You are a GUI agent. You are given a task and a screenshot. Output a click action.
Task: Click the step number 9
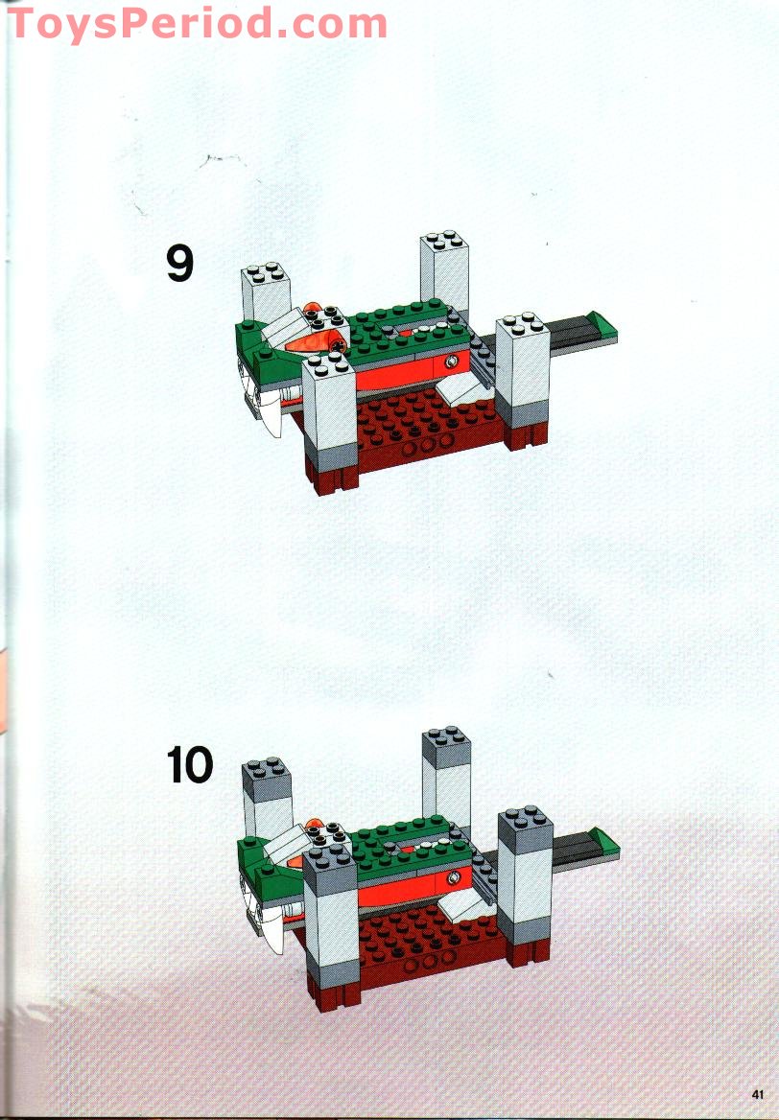pos(180,264)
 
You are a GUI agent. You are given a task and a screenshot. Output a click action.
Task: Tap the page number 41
pos(758,1094)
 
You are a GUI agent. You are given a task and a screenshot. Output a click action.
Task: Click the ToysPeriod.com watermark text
pos(197,23)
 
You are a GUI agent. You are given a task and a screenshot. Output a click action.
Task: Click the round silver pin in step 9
pos(451,362)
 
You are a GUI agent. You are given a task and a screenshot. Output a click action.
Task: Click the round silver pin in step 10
pos(451,875)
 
